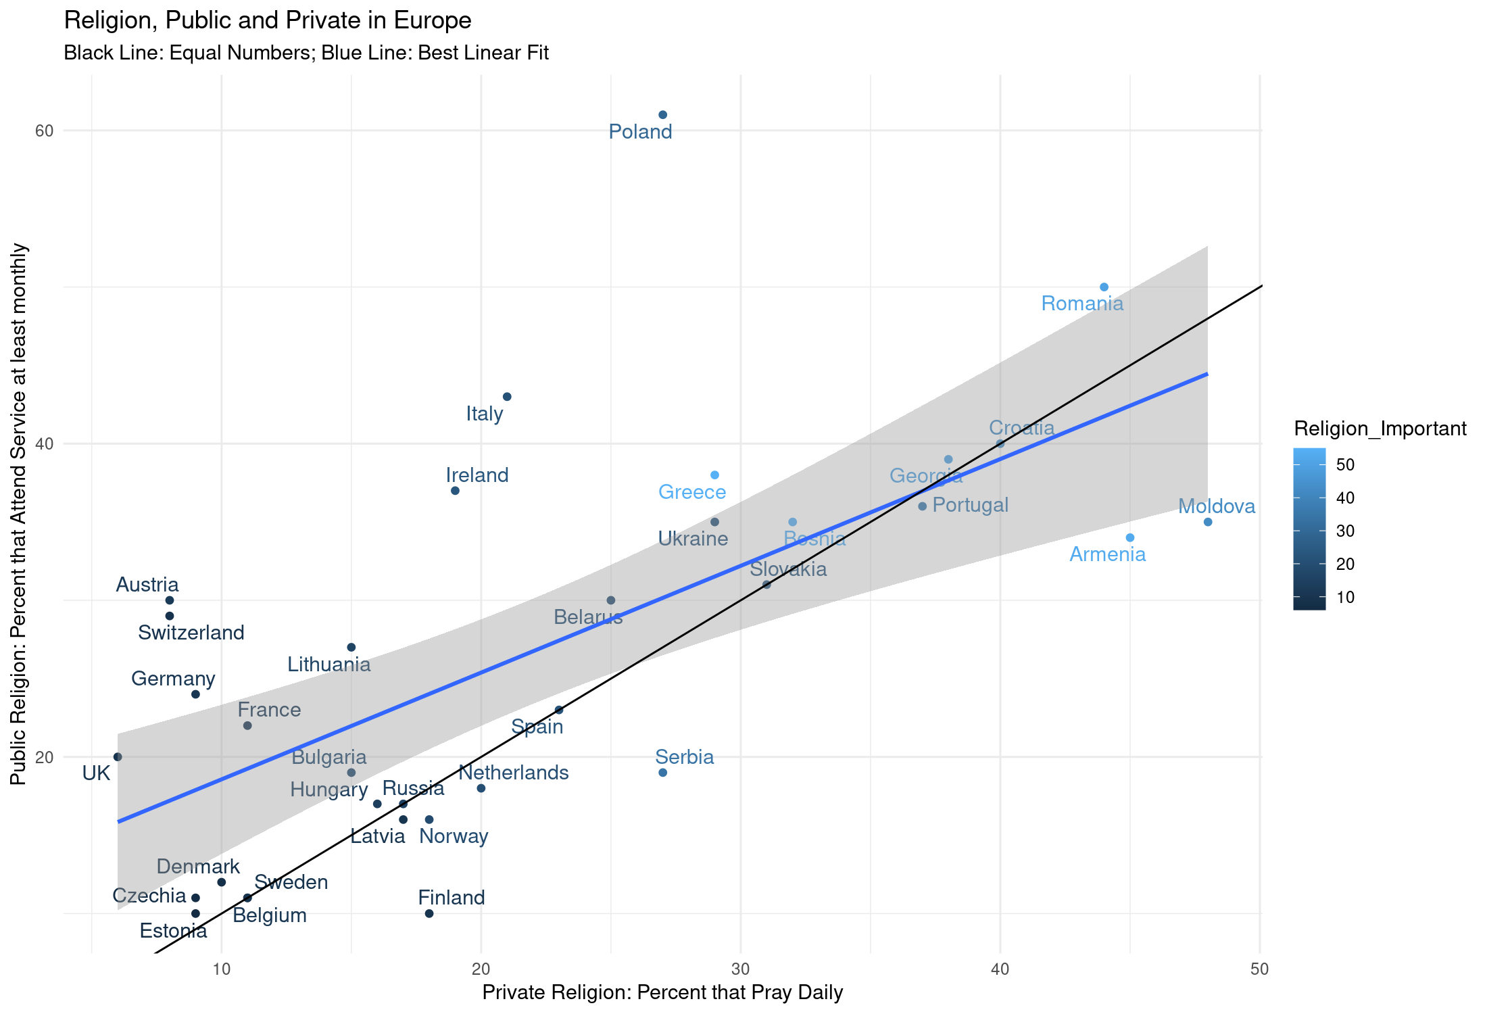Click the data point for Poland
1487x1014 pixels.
click(662, 115)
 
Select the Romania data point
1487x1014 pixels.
click(1104, 287)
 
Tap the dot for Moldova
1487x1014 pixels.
click(1208, 522)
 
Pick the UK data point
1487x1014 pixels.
click(118, 756)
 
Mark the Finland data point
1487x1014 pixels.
click(429, 913)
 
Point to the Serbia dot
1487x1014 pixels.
click(662, 773)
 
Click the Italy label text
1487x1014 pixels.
click(485, 414)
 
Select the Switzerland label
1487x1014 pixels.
click(191, 633)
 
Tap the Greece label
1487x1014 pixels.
click(692, 492)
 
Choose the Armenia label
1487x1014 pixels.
click(1108, 554)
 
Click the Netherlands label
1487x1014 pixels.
click(514, 773)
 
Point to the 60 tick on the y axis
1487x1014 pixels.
click(44, 130)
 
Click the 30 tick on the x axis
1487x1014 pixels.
click(741, 969)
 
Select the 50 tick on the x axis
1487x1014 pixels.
click(1259, 969)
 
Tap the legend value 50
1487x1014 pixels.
click(1345, 464)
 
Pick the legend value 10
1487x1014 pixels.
click(1345, 597)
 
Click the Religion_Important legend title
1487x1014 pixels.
click(1380, 429)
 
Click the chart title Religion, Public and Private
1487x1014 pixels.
click(268, 21)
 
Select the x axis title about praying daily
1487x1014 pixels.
click(662, 992)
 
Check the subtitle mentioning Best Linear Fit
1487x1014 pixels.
click(306, 53)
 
